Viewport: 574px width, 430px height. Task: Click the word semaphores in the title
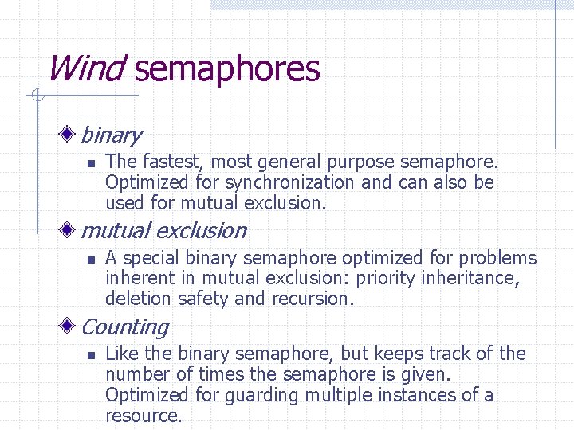click(x=227, y=70)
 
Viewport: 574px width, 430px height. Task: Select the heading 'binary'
click(x=111, y=135)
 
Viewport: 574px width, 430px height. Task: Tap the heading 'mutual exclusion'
click(x=163, y=231)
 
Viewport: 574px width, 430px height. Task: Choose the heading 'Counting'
click(x=124, y=327)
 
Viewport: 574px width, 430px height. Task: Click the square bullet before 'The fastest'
click(x=91, y=163)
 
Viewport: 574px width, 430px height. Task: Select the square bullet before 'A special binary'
click(x=91, y=259)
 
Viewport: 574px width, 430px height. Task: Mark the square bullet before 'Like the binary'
click(x=91, y=354)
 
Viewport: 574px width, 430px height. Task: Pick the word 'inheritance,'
click(x=470, y=278)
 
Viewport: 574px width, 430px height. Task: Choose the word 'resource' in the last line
click(x=142, y=416)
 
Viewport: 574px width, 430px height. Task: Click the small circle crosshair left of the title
click(x=36, y=96)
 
